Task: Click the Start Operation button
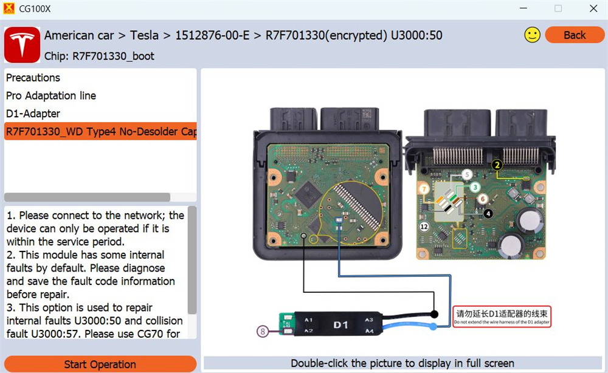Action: (x=100, y=364)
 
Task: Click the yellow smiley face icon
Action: (x=532, y=35)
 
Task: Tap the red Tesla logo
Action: (x=22, y=45)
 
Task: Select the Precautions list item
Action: (x=33, y=78)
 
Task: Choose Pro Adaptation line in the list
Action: (x=51, y=96)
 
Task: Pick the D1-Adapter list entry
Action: (x=33, y=114)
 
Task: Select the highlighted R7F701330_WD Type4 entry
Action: (x=100, y=132)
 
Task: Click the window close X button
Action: (x=593, y=9)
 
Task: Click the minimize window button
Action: (x=522, y=9)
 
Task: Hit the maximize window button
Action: (x=558, y=9)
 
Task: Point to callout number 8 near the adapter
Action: (x=263, y=331)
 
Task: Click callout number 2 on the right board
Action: (x=497, y=165)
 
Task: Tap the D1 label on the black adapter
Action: (x=340, y=325)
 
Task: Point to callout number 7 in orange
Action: (x=424, y=190)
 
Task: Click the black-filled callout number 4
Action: (x=488, y=213)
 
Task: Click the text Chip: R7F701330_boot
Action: (x=100, y=56)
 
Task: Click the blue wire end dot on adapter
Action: (x=432, y=327)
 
